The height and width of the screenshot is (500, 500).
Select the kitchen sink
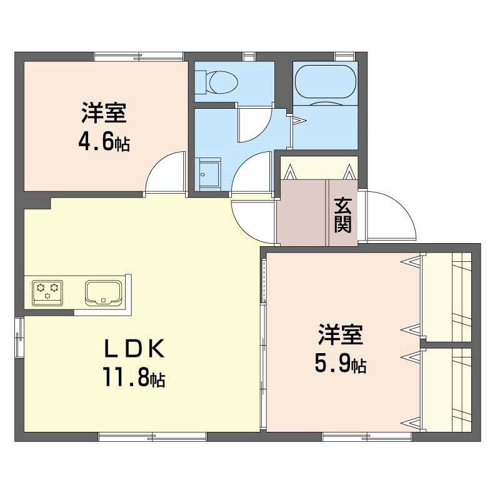103,291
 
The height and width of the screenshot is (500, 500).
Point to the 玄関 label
342,214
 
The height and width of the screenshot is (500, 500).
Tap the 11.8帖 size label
134,377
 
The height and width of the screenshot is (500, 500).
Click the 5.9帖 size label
341,364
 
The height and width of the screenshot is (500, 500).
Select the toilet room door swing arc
255,123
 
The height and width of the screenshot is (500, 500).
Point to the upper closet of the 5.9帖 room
450,297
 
